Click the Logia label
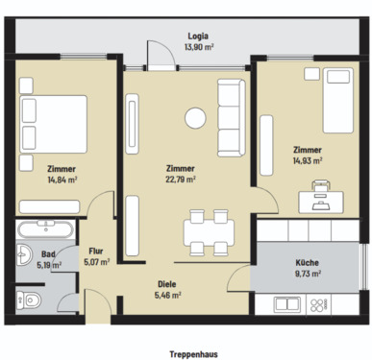(197, 35)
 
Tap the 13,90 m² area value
(197, 46)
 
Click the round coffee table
(196, 119)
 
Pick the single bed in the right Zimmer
(336, 102)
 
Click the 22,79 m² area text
(180, 179)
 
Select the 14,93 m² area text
(308, 161)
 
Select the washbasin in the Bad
(21, 255)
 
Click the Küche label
(308, 262)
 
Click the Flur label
(96, 250)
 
